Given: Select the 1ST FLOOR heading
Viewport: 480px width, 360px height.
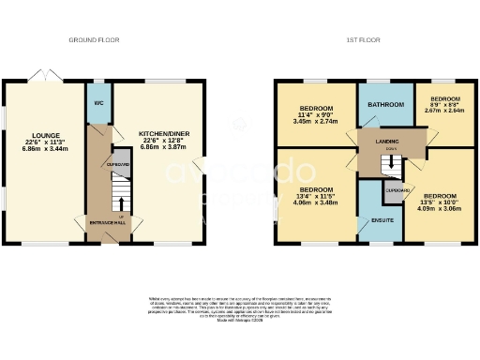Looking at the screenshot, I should [362, 40].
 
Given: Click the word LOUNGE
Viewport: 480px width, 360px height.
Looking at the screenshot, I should [45, 135].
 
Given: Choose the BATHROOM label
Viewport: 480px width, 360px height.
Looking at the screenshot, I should [385, 104].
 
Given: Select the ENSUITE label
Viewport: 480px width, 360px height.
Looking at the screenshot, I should [382, 219].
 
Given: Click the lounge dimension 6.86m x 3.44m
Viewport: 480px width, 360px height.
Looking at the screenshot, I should [45, 150].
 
